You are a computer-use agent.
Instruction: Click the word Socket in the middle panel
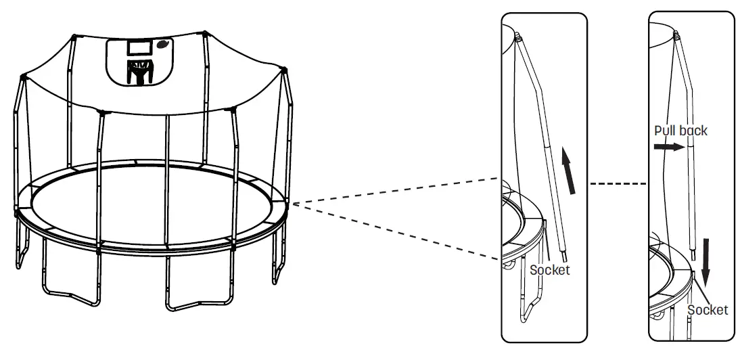[549, 270]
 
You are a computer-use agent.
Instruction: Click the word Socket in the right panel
[708, 310]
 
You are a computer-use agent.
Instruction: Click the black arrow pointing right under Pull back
[668, 145]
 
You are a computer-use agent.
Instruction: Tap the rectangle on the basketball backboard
[140, 49]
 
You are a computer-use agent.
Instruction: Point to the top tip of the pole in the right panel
[676, 31]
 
